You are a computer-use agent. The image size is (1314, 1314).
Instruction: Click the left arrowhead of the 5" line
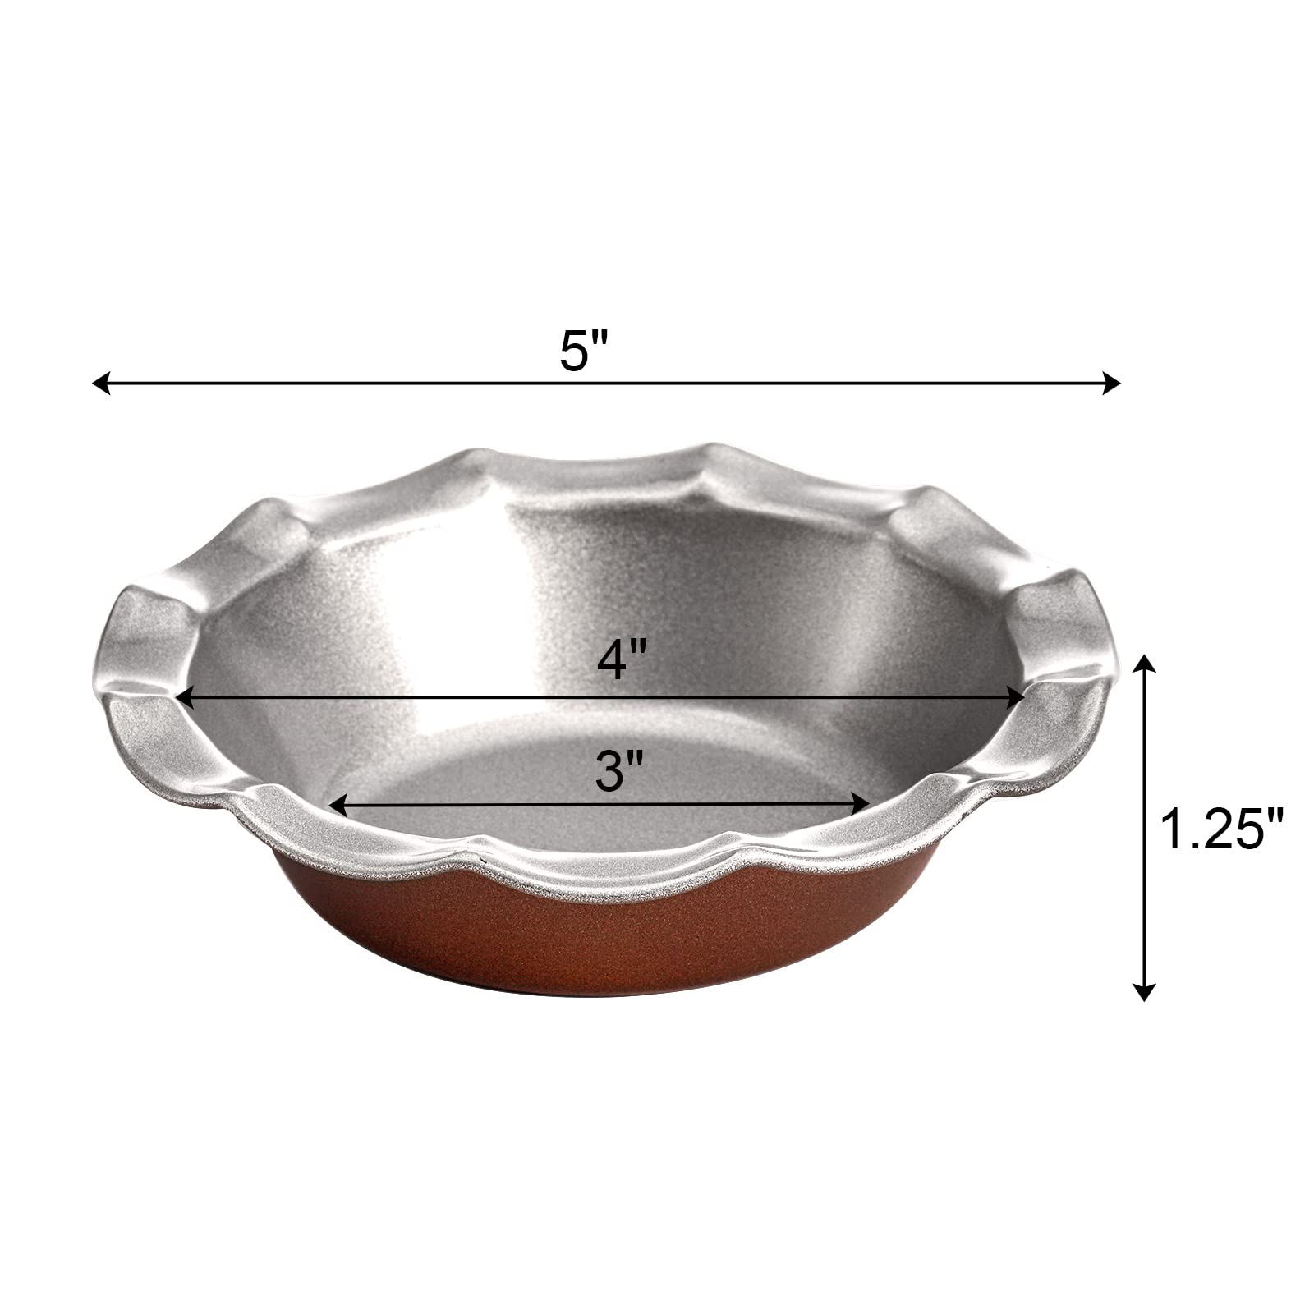101,383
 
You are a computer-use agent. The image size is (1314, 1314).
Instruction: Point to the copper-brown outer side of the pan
608,953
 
